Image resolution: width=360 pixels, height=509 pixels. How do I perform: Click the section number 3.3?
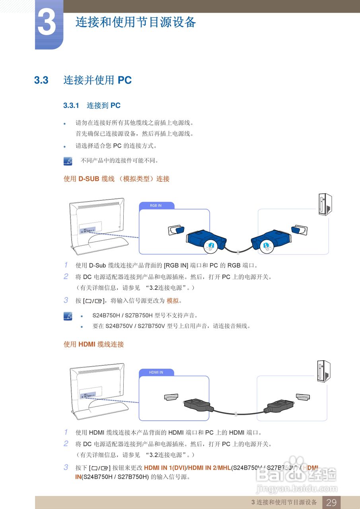[x=41, y=80]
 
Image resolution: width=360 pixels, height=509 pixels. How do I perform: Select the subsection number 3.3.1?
[x=72, y=106]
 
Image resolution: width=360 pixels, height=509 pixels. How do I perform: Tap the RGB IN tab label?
[x=156, y=206]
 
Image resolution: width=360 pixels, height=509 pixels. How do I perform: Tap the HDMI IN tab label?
[x=156, y=373]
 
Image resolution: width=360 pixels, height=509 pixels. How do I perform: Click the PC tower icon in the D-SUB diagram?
[x=325, y=205]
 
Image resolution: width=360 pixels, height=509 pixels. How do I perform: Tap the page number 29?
[x=331, y=502]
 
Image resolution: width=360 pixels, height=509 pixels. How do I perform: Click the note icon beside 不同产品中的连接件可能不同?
[x=68, y=161]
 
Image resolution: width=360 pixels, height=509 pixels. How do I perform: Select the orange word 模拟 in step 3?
[x=172, y=301]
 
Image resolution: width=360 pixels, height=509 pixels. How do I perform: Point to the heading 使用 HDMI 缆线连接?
[x=94, y=344]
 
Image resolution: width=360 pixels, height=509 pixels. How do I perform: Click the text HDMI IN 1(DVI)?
[x=165, y=468]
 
